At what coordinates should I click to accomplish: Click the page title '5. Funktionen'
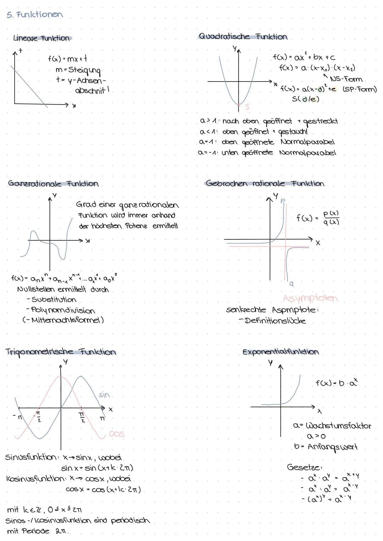pos(34,15)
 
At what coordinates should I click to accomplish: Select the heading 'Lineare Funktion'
pos(41,38)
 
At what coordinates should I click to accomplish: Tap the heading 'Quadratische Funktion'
pos(243,37)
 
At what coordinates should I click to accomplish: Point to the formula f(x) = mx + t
pos(67,59)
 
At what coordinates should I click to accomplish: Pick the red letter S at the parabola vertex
pos(247,106)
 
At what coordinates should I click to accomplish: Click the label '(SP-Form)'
pos(360,89)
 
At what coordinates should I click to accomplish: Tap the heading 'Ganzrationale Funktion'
pos(53,184)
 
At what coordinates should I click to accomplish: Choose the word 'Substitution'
pos(54,300)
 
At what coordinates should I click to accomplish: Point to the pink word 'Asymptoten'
pos(310,298)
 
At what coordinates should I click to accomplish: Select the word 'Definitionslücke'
pos(275,321)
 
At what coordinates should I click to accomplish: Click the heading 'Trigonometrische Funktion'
pos(61,352)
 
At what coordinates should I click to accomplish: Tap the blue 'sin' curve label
pos(104,395)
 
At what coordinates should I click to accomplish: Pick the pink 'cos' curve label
pos(117,434)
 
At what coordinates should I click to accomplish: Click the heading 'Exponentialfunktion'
pos(281,352)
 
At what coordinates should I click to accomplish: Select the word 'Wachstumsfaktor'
pos(338,426)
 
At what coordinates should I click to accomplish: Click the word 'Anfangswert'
pos(332,447)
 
